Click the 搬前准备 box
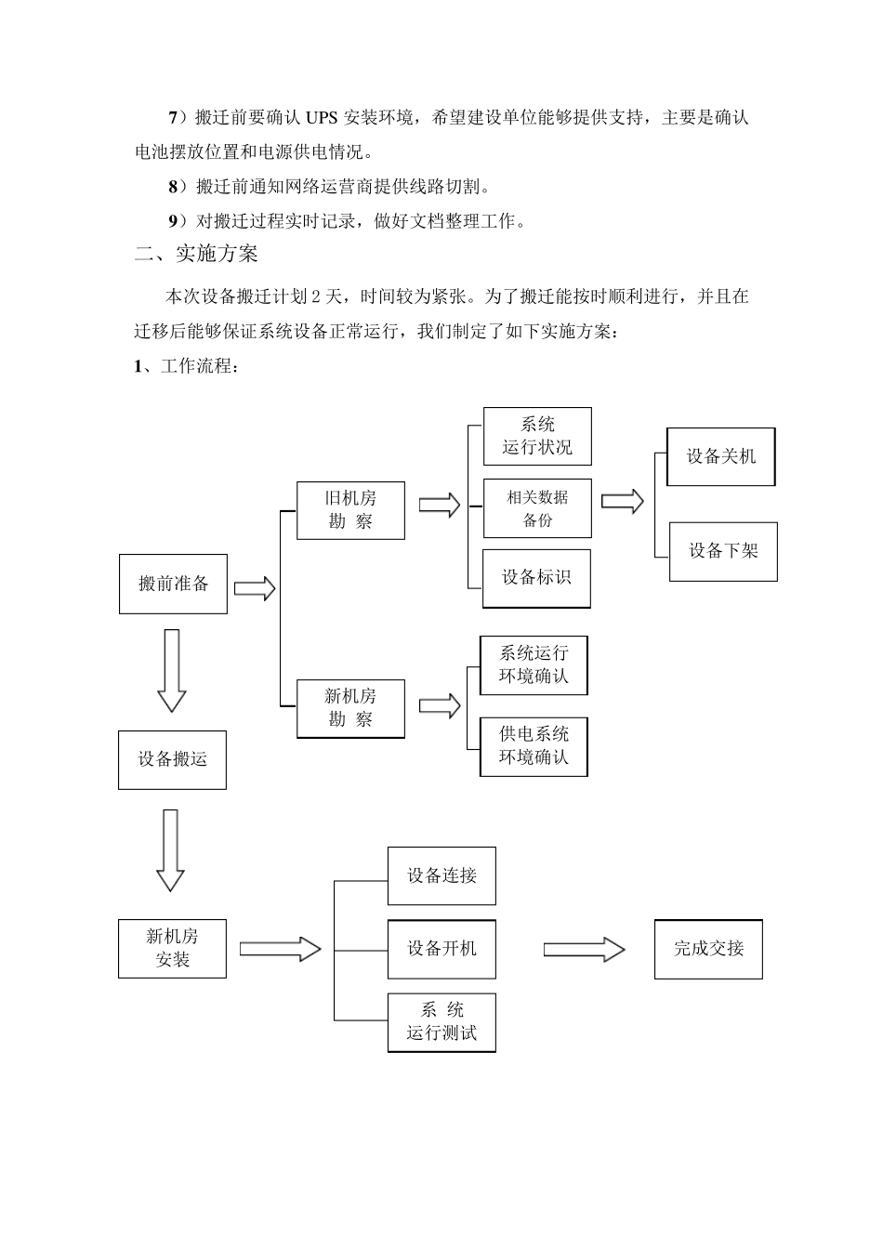coord(173,584)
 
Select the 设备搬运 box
coord(172,760)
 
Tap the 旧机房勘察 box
coord(350,510)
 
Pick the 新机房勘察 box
coord(350,708)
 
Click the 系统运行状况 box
coord(537,436)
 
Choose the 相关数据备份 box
coord(537,508)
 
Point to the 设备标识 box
coord(536,578)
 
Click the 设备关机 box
coord(721,456)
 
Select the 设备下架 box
coord(723,551)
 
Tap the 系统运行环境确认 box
coord(534,665)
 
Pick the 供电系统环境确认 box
coord(534,746)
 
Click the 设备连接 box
coord(441,875)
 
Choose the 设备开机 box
coord(441,949)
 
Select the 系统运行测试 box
coord(441,1022)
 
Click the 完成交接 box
coord(708,949)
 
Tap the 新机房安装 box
coord(172,948)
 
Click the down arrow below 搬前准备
coord(171,670)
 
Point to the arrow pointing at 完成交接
coord(584,949)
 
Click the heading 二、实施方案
coord(196,254)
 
